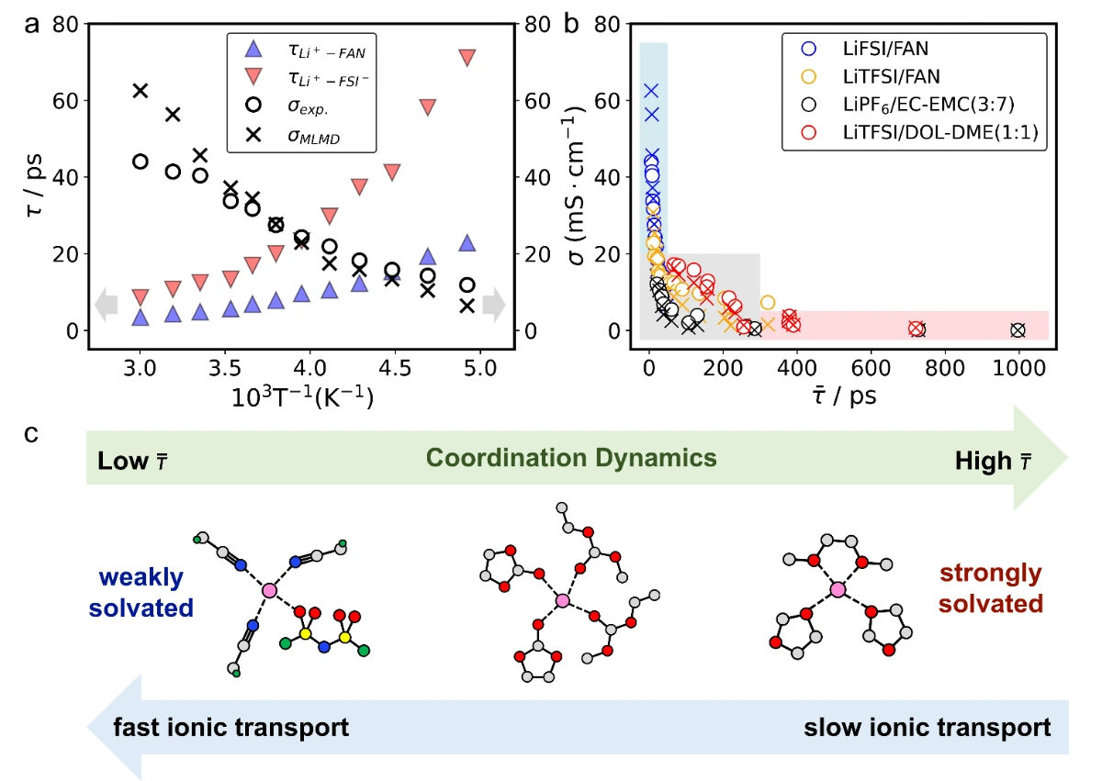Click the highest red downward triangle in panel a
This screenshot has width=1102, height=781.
point(467,58)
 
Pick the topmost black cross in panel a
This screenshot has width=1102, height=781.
point(141,90)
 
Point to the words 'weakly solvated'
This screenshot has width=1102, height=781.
point(141,592)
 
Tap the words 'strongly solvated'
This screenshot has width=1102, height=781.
point(991,589)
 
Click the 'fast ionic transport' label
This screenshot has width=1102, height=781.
point(231,728)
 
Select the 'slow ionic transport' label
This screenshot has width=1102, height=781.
point(927,728)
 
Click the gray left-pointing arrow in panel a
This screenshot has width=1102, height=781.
point(107,305)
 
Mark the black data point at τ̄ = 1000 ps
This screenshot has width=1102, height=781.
point(1018,329)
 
